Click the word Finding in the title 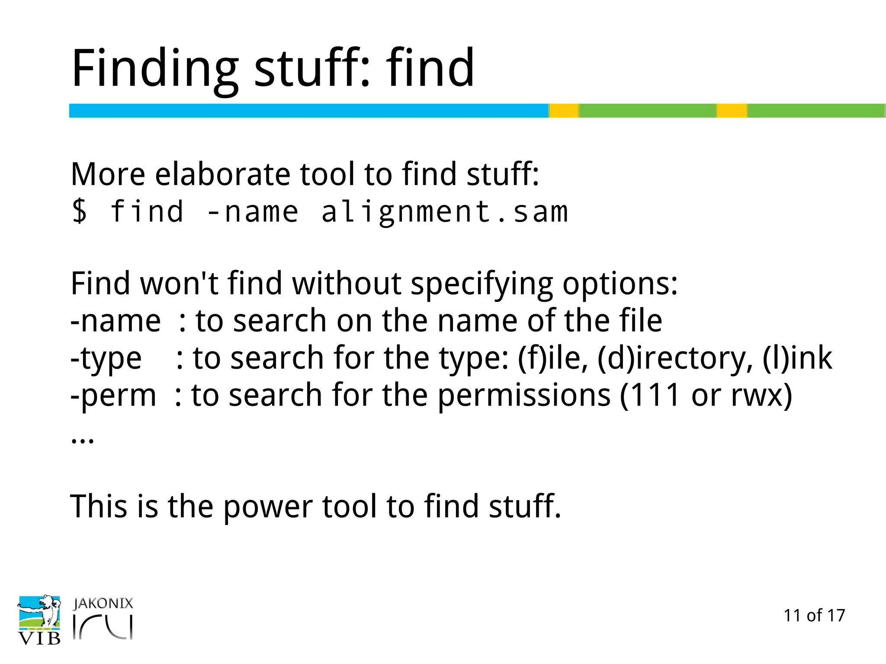tap(155, 69)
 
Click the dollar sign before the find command tap(80, 212)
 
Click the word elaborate tap(222, 174)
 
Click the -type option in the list tap(106, 359)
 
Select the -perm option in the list tap(113, 396)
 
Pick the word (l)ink tap(797, 358)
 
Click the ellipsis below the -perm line tap(82, 440)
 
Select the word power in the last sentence tap(268, 507)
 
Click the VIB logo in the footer tap(39, 620)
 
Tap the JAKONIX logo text tap(103, 603)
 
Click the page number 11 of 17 tap(814, 616)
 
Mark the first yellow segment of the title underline tap(564, 111)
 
